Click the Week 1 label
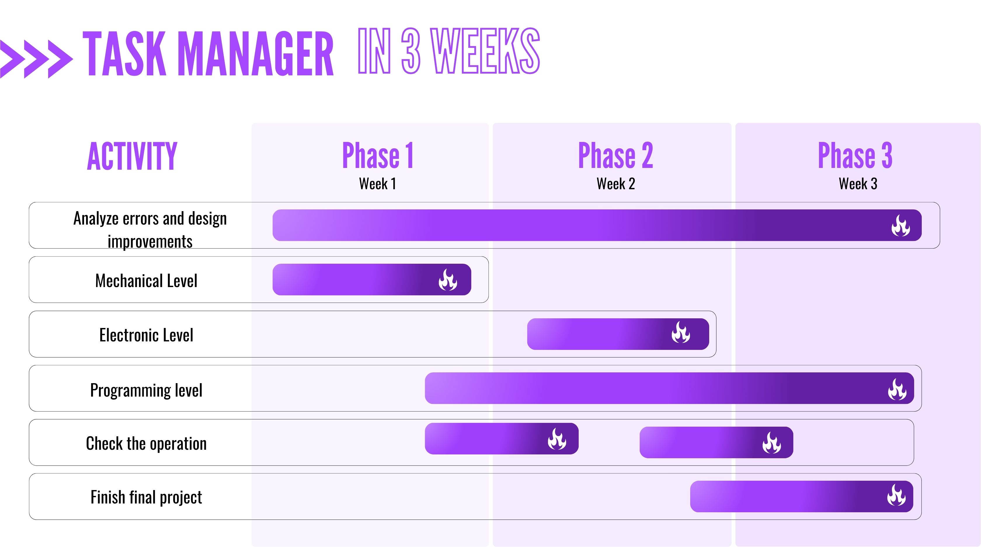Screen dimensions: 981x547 click(x=378, y=184)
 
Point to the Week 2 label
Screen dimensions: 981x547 click(x=616, y=184)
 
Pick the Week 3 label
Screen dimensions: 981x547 click(x=858, y=184)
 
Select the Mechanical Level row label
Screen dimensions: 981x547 click(x=146, y=281)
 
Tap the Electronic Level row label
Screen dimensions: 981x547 click(x=146, y=335)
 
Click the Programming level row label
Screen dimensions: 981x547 click(x=146, y=390)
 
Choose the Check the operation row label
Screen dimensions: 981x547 click(x=146, y=443)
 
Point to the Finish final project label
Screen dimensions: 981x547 click(x=146, y=497)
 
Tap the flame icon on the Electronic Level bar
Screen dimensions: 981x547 click(x=681, y=332)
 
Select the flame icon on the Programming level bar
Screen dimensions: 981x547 click(x=897, y=389)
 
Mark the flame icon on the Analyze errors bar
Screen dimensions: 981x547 click(x=901, y=225)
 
